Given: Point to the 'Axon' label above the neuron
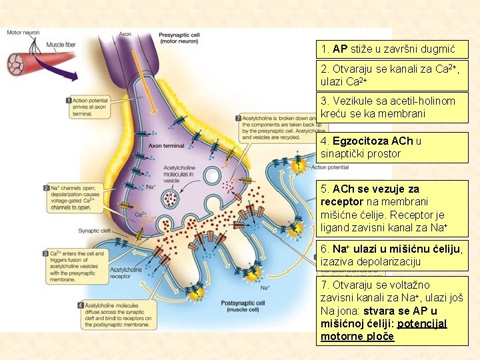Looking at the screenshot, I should click(125, 34).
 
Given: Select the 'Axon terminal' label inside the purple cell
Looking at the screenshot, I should click(164, 143).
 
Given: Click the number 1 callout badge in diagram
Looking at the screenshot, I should click(69, 101).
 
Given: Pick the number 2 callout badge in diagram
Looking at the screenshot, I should click(45, 188).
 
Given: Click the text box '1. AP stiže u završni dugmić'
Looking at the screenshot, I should click(392, 49).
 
